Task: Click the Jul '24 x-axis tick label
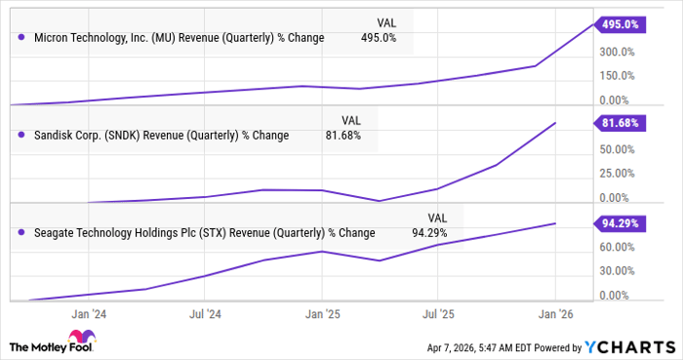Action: tap(206, 314)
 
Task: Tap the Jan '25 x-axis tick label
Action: tap(322, 314)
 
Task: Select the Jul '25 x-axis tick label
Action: tap(438, 314)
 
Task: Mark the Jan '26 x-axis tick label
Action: tap(555, 314)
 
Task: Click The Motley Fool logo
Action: tap(49, 345)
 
